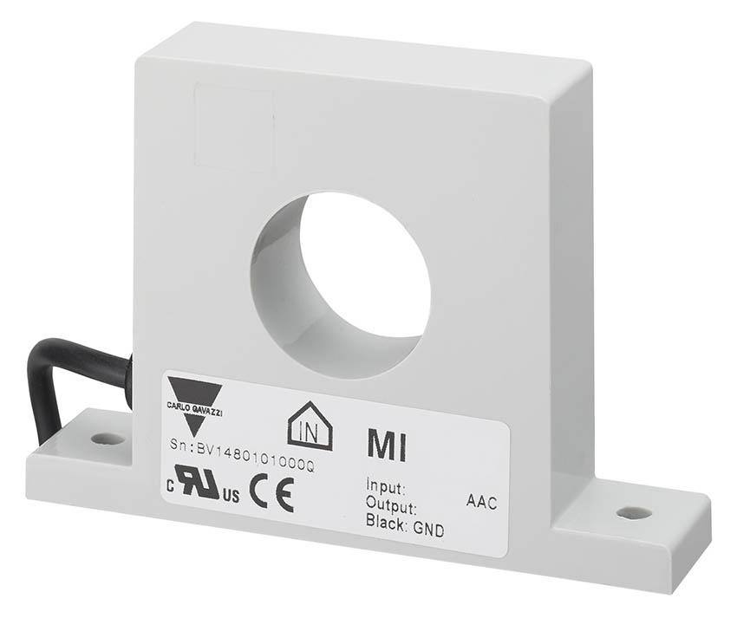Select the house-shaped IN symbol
[x=310, y=425]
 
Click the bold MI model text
[x=386, y=446]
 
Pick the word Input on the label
[x=386, y=488]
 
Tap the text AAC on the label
[x=482, y=504]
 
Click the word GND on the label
[x=428, y=530]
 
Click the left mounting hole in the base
[x=108, y=439]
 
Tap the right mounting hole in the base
[x=634, y=513]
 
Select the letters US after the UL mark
[x=230, y=497]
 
